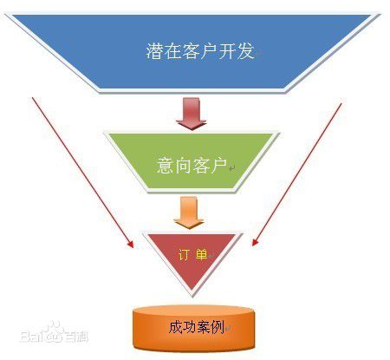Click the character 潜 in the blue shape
[155, 51]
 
